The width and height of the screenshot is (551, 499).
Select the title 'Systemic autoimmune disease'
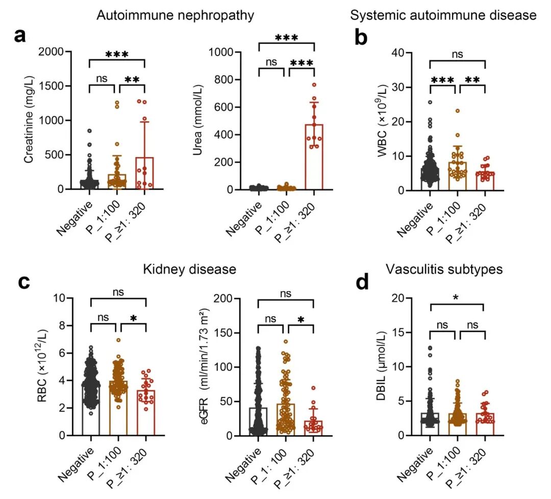443,15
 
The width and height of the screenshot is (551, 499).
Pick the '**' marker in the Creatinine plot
132,80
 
